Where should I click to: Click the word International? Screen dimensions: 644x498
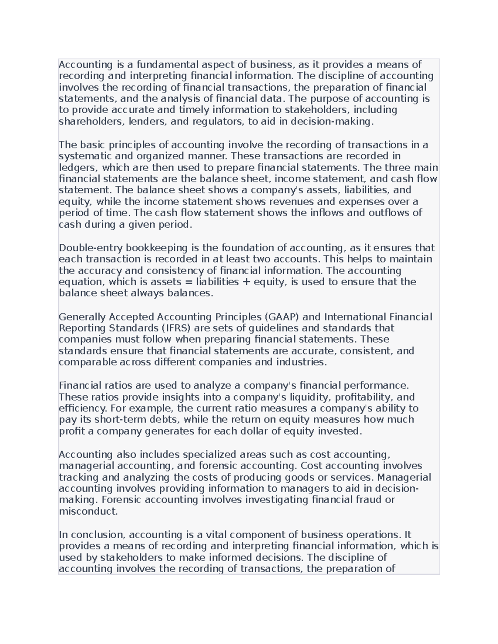[355, 317]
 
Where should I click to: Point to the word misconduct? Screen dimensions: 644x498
[88, 511]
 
